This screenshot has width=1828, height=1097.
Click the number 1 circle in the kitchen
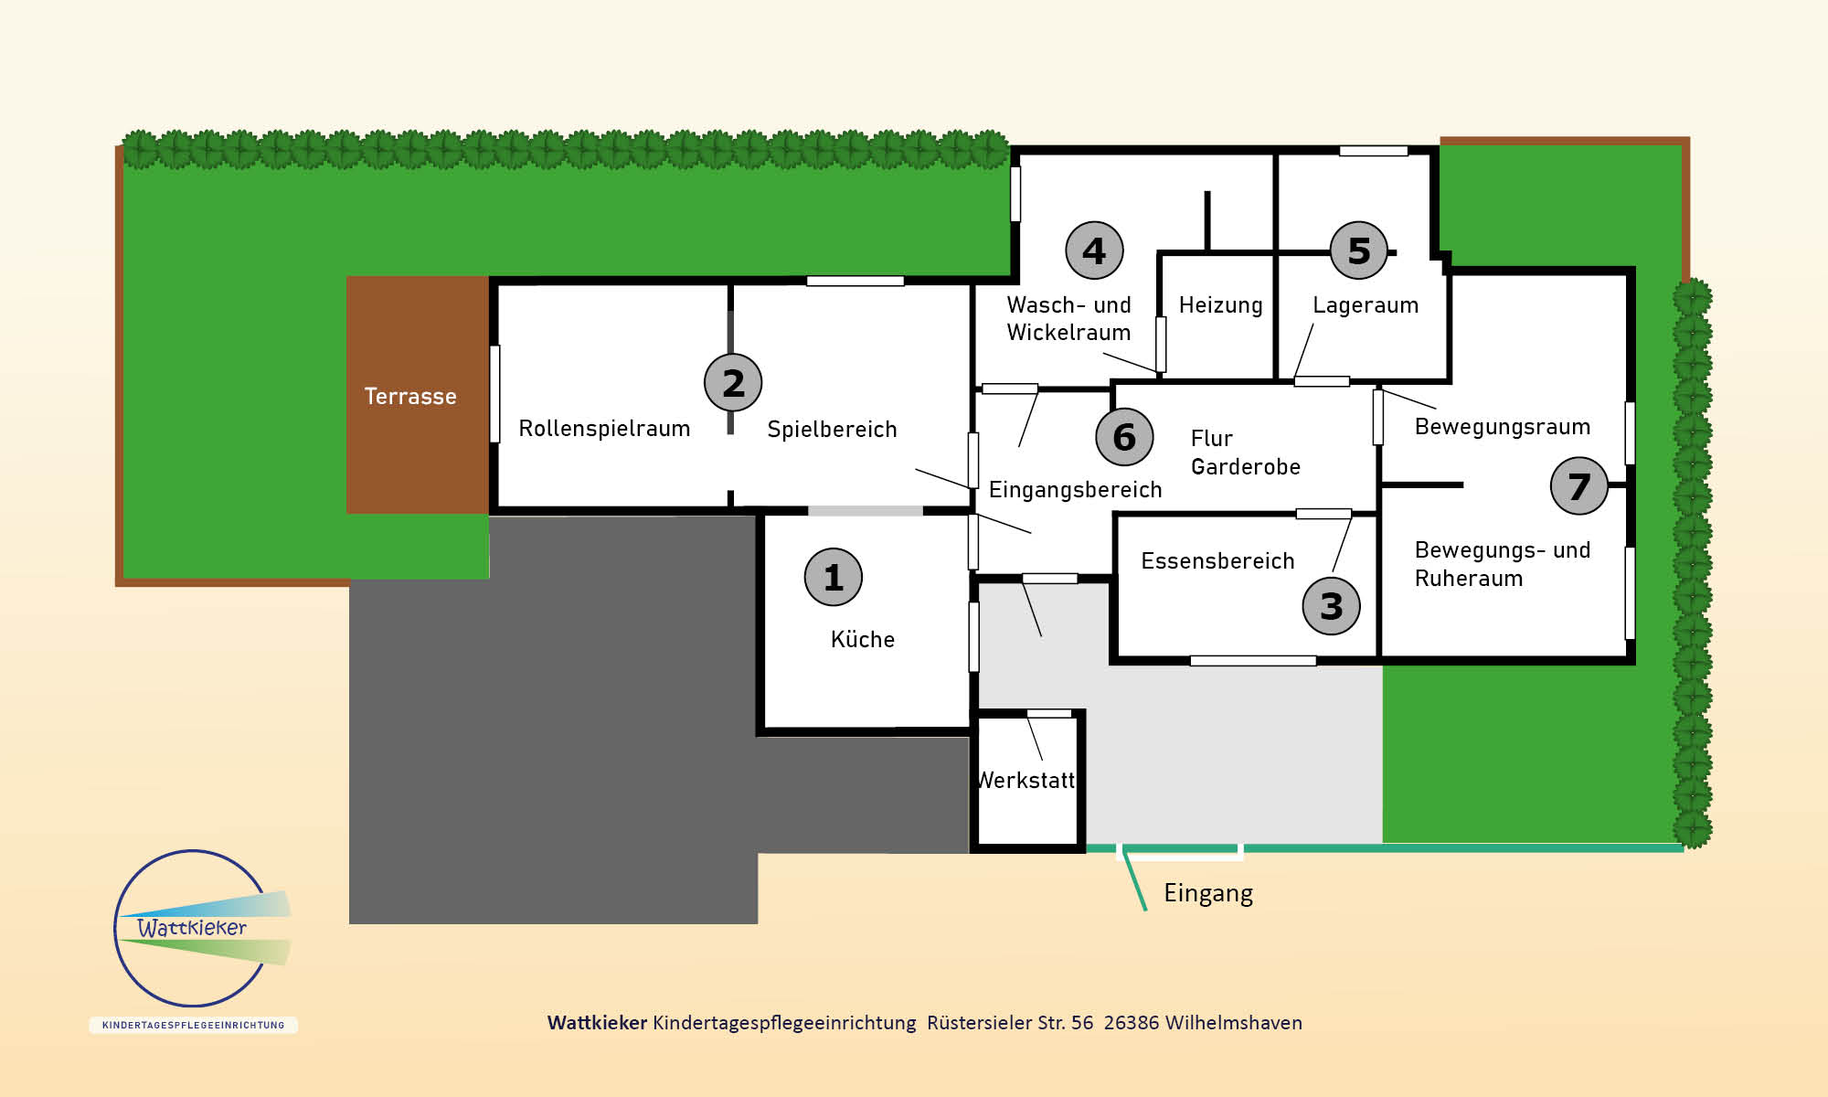(x=833, y=577)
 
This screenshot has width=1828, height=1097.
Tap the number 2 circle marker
(x=733, y=382)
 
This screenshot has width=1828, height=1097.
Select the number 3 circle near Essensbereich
(x=1331, y=605)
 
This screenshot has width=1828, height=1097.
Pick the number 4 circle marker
(x=1094, y=250)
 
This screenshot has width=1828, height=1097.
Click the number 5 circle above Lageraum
(x=1359, y=250)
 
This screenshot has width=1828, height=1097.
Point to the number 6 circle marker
(x=1124, y=436)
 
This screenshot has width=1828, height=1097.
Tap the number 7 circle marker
(x=1578, y=485)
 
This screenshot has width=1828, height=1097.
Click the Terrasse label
(x=410, y=396)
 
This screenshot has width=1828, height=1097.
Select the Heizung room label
(x=1220, y=305)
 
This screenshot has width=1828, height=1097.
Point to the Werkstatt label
(x=1026, y=780)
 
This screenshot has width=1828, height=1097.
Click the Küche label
(x=862, y=639)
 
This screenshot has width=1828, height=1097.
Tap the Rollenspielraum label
(x=604, y=429)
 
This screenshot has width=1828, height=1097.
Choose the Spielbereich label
(x=832, y=430)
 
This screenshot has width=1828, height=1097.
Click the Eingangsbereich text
(x=1075, y=490)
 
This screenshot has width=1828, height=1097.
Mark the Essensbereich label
(x=1217, y=560)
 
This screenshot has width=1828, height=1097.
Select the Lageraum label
(x=1366, y=305)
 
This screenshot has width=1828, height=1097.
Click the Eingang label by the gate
(x=1208, y=893)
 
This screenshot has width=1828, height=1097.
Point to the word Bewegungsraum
(x=1503, y=427)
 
